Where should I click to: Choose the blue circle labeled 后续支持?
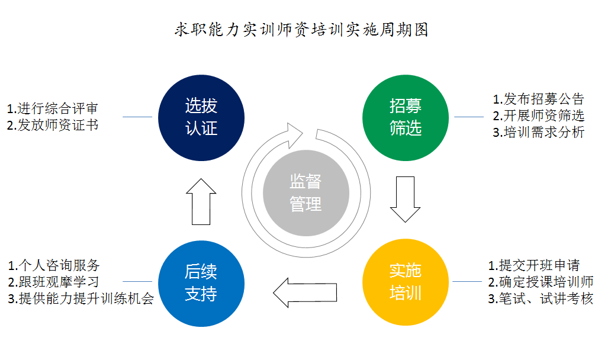point(201,283)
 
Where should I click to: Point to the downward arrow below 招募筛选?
point(406,199)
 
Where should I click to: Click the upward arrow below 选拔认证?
point(201,201)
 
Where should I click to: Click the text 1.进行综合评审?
point(52,108)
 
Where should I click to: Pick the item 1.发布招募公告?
point(538,98)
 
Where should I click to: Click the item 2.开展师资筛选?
point(538,115)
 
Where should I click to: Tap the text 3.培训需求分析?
point(538,132)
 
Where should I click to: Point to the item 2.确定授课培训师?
point(540,282)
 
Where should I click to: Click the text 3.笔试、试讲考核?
point(540,299)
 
